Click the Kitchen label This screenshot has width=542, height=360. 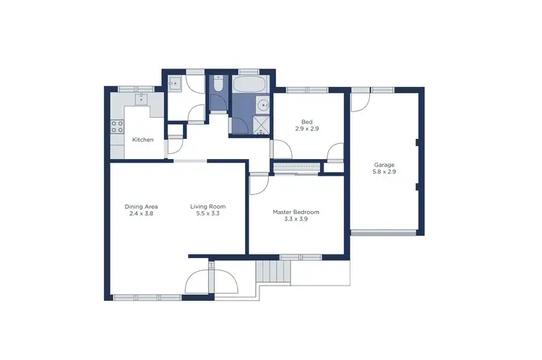coord(142,140)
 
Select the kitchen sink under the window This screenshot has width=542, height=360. coord(141,98)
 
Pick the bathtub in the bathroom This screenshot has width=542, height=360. coord(251,86)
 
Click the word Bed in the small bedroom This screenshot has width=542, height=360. coord(306,121)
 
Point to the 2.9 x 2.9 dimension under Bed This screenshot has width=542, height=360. coord(306,129)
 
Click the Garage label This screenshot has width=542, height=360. coord(384,165)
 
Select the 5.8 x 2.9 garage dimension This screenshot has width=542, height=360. coord(384,173)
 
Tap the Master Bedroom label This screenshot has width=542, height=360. coord(296,212)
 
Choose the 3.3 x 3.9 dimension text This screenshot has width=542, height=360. coord(296,220)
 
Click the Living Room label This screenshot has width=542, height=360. coord(205,207)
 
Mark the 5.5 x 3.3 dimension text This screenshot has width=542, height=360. coord(205,215)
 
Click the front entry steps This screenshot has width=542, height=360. coord(273,273)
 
